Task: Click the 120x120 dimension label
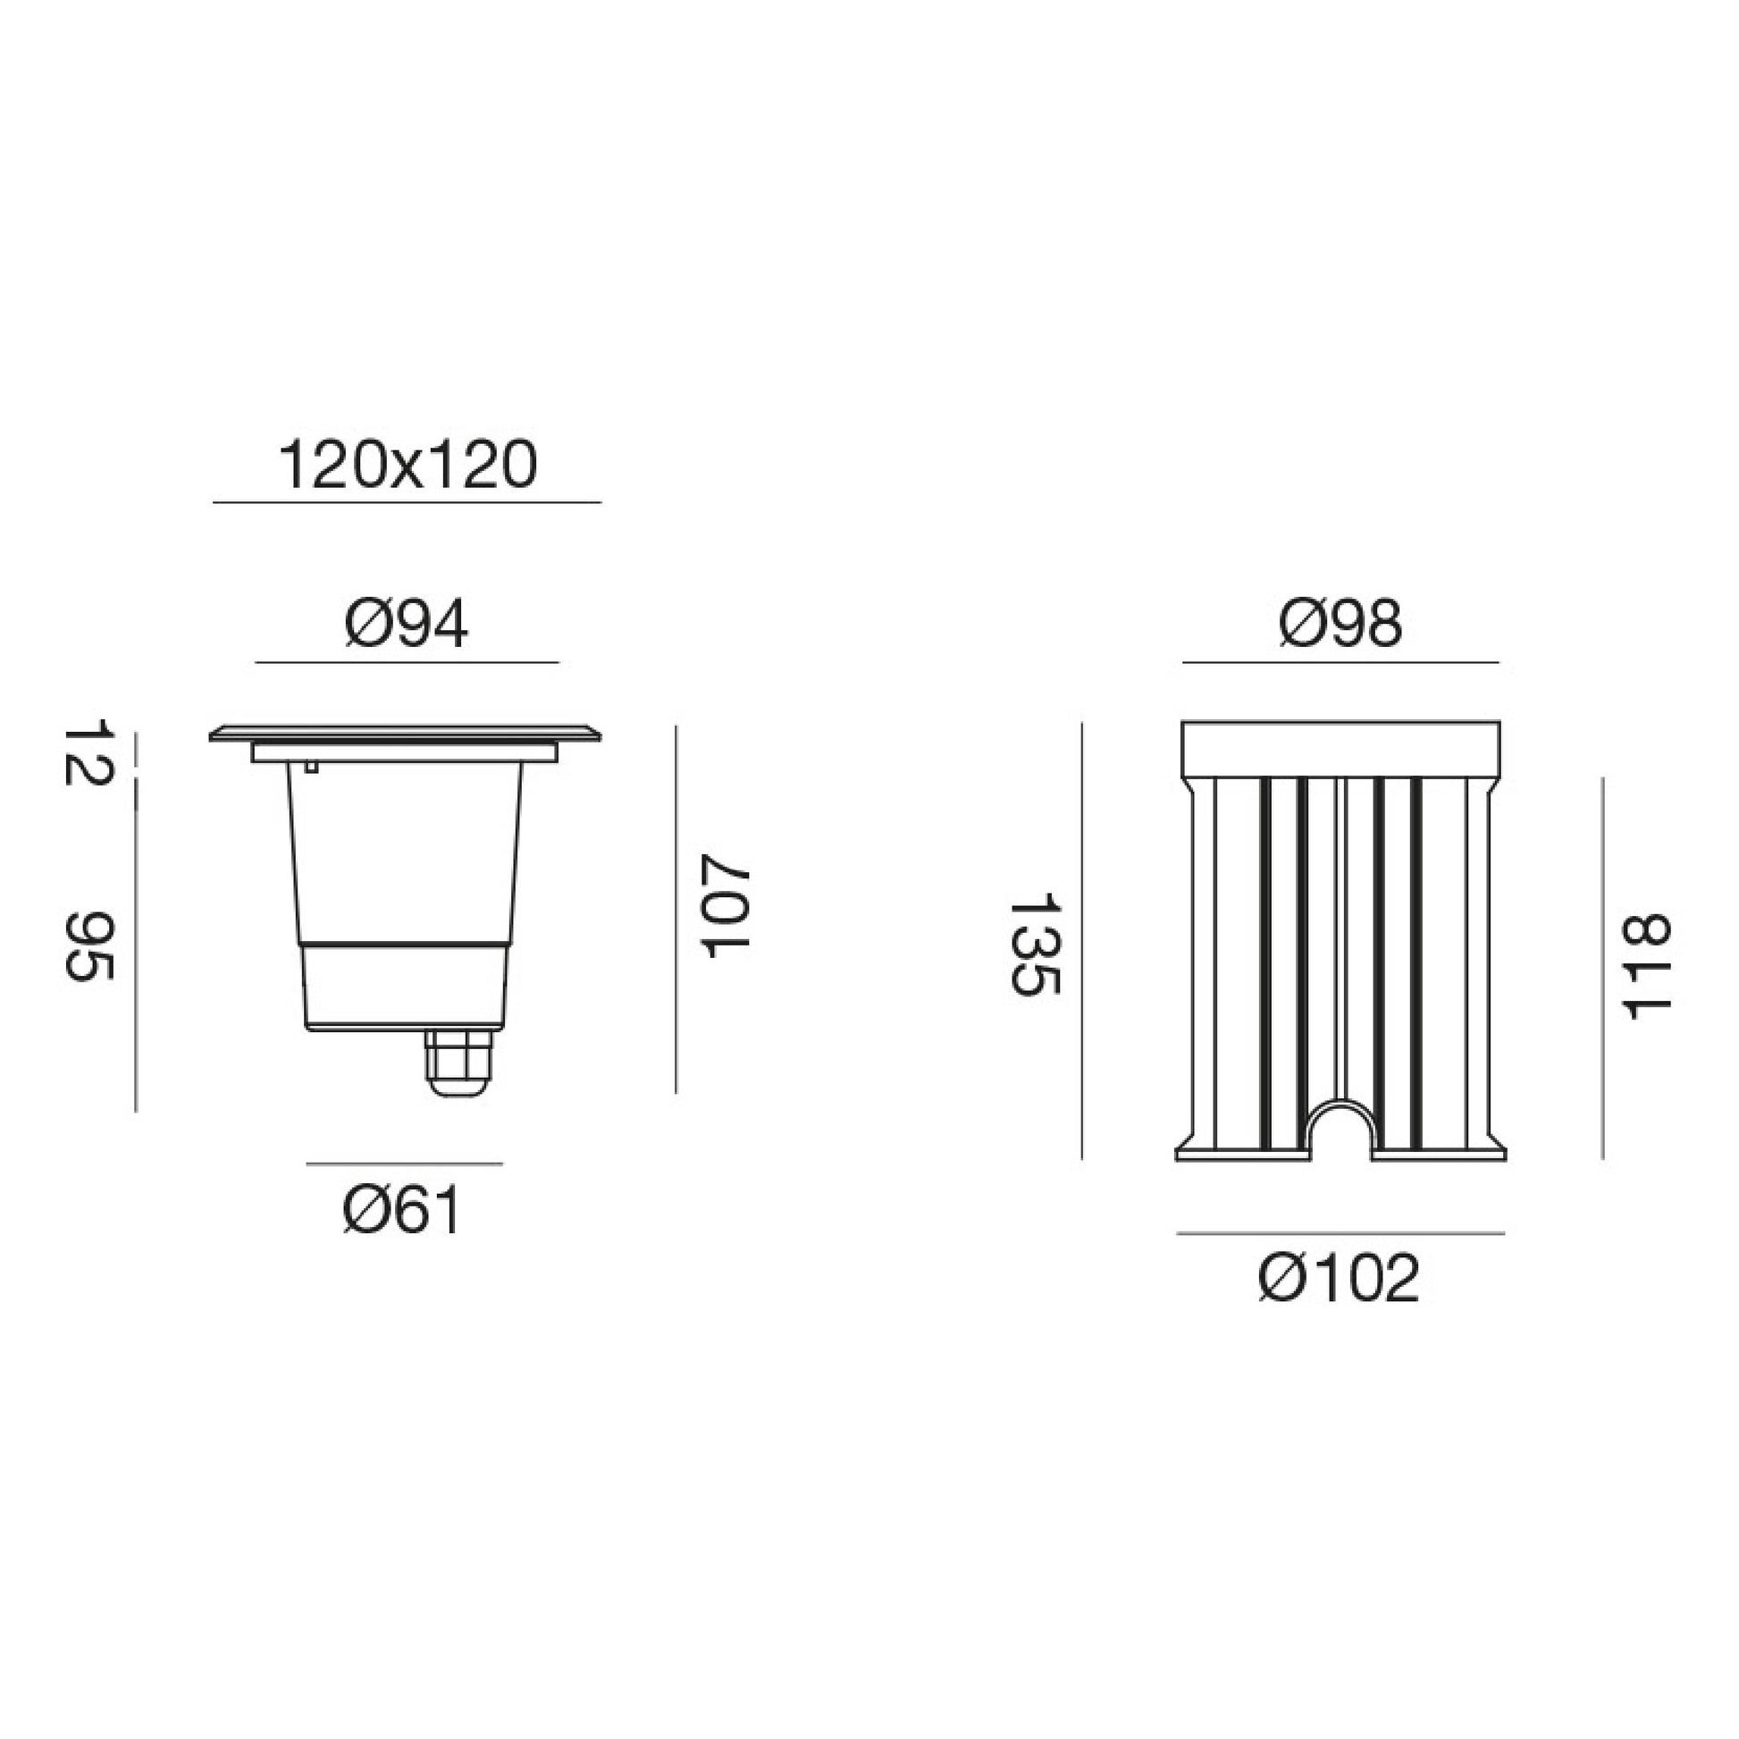tap(407, 466)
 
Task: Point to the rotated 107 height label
tap(726, 905)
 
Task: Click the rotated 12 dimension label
tap(88, 752)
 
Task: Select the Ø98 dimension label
tap(1340, 624)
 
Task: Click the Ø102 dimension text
tap(1340, 1277)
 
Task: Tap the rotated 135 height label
tap(1036, 944)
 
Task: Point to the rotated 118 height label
tap(1645, 968)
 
